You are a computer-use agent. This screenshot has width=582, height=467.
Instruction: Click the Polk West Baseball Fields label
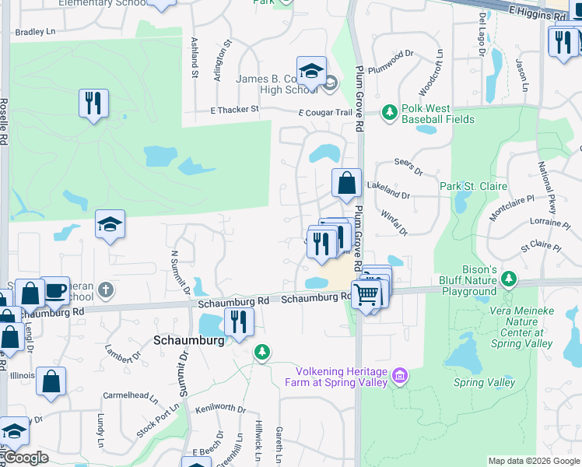click(437, 114)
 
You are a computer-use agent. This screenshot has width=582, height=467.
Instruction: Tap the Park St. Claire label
click(473, 186)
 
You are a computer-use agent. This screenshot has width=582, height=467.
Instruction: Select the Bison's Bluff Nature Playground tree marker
click(509, 278)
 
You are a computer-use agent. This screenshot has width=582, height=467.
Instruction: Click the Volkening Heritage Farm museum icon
click(400, 376)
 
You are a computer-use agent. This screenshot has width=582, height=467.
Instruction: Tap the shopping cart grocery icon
click(366, 294)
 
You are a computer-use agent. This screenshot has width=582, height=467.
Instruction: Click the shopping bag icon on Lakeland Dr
click(347, 184)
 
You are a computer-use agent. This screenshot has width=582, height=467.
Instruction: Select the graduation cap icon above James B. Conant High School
click(311, 71)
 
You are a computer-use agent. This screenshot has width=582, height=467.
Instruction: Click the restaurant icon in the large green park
click(93, 103)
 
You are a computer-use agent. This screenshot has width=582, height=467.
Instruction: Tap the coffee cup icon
click(54, 290)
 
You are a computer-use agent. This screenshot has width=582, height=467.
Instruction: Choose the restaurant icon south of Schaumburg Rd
click(239, 321)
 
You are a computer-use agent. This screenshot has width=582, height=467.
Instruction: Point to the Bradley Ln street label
click(35, 32)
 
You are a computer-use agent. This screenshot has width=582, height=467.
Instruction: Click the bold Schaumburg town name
click(189, 340)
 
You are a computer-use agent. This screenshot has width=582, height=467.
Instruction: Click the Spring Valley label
click(484, 382)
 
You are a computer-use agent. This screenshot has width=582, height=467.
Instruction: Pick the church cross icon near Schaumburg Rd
click(106, 290)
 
